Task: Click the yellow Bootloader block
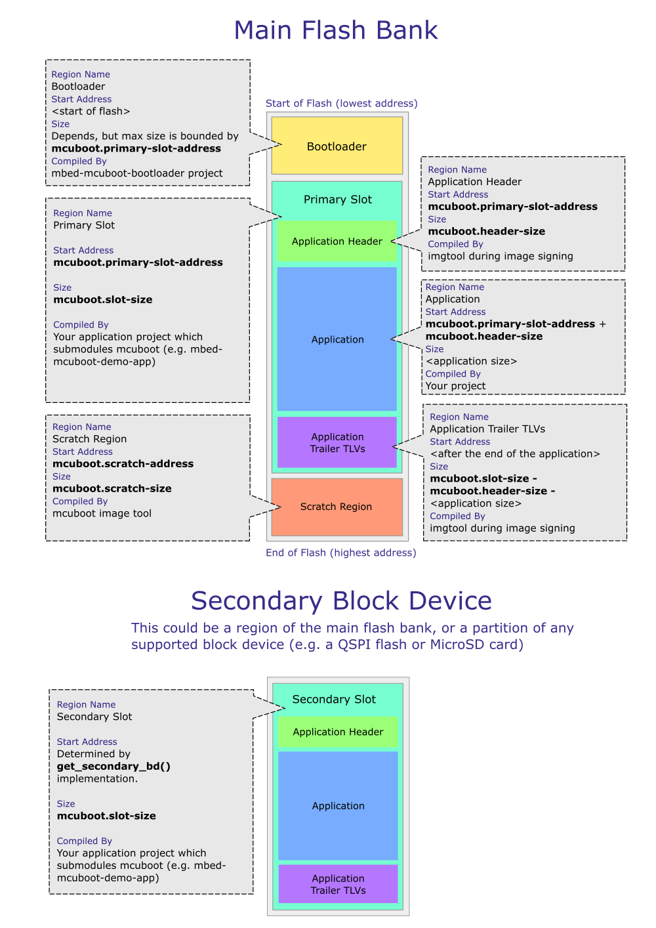click(337, 146)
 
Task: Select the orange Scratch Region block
click(337, 507)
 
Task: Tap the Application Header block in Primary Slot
click(337, 242)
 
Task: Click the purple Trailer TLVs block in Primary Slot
click(337, 442)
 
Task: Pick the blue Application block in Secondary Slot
click(338, 806)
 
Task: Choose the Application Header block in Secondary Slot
click(338, 732)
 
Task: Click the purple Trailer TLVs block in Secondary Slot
click(338, 884)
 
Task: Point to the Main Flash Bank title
click(336, 30)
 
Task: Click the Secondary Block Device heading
click(341, 601)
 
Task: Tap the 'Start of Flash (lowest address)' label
click(341, 103)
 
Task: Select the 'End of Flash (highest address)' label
click(340, 553)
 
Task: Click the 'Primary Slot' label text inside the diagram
click(337, 200)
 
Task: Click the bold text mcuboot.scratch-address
click(123, 463)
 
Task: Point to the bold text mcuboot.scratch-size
click(112, 488)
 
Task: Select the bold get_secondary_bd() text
click(113, 766)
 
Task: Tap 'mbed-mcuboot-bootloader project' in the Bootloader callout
click(136, 173)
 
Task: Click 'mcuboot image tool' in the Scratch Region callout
click(102, 513)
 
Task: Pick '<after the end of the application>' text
click(515, 453)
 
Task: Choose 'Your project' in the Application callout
click(455, 386)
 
